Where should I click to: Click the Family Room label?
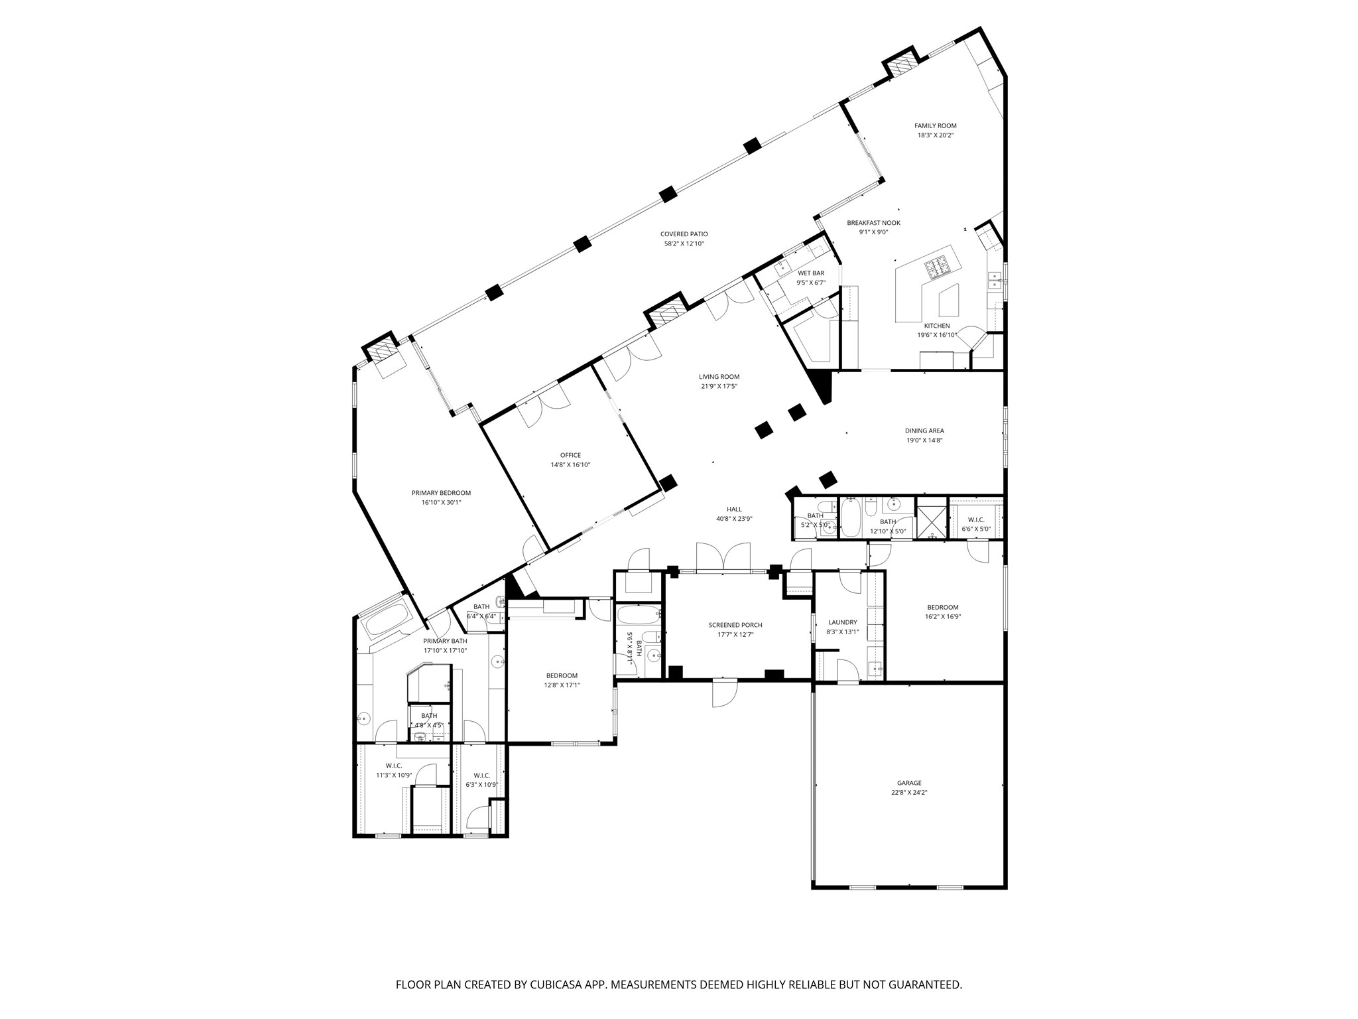pyautogui.click(x=935, y=125)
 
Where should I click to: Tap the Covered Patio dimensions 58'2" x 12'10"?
pyautogui.click(x=684, y=243)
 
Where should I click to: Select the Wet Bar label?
pyautogui.click(x=811, y=273)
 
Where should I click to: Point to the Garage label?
pyautogui.click(x=909, y=783)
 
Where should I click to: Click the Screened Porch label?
pyautogui.click(x=735, y=625)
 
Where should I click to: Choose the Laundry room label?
pyautogui.click(x=843, y=622)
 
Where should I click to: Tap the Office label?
pyautogui.click(x=570, y=455)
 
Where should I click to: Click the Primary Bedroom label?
pyautogui.click(x=441, y=493)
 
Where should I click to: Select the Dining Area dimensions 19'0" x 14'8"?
pyautogui.click(x=924, y=440)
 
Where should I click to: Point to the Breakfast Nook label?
pyautogui.click(x=873, y=223)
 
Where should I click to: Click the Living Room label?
pyautogui.click(x=719, y=377)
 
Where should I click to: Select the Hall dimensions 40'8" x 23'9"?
pyautogui.click(x=734, y=519)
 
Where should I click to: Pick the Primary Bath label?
pyautogui.click(x=445, y=641)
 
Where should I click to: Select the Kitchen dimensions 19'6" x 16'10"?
pyautogui.click(x=937, y=335)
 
